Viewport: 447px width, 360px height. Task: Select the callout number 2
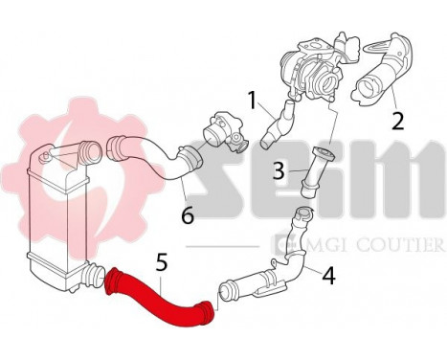(396, 122)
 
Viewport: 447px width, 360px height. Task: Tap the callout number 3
(278, 172)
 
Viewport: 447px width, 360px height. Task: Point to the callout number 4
(327, 277)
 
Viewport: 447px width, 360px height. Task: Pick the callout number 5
(162, 259)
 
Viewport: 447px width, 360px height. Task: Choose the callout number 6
(188, 216)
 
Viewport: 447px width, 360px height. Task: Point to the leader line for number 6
(183, 190)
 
